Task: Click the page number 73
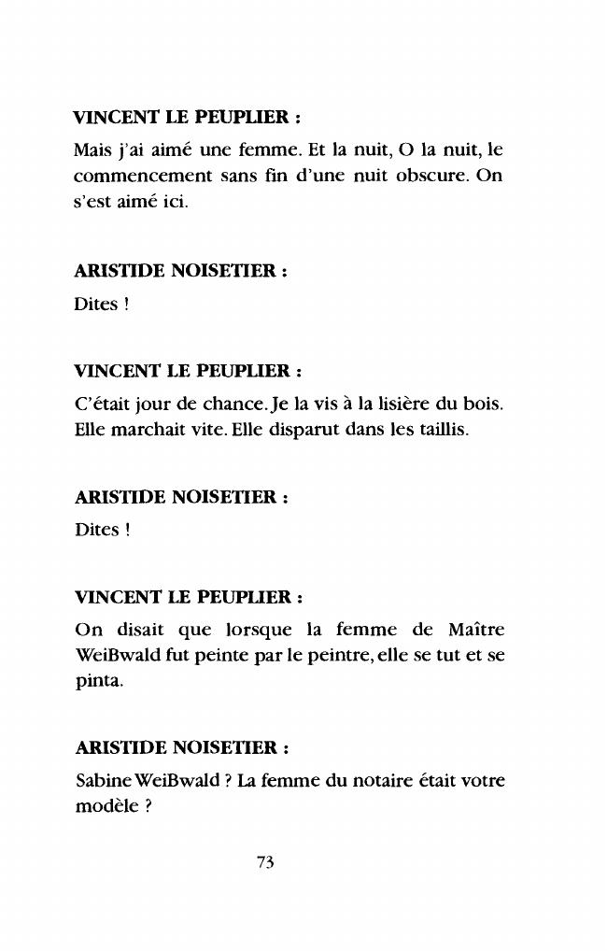coord(264,864)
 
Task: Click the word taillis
coord(434,433)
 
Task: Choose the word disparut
coord(289,433)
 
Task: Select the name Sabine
coord(103,781)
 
